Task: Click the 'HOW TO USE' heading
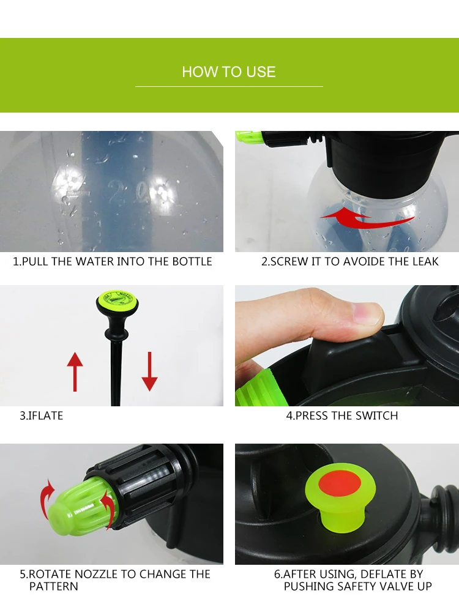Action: [228, 72]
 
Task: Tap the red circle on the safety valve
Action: [340, 484]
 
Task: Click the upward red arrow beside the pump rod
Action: [75, 371]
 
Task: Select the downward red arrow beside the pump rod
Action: [149, 371]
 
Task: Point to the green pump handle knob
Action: [117, 299]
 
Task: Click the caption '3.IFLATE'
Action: [41, 415]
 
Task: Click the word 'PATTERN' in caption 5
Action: [53, 586]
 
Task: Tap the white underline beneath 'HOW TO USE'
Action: [229, 87]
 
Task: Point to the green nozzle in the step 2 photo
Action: [248, 137]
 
